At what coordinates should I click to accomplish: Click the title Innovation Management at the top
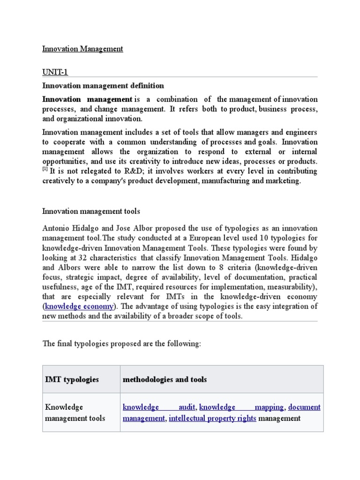coord(82,49)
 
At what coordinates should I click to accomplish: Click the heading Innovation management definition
coord(103,86)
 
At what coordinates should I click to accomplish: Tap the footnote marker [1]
coord(45,169)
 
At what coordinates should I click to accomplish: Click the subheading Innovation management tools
coord(91,212)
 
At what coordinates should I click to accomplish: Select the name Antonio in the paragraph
coord(58,228)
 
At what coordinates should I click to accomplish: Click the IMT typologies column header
coord(72,379)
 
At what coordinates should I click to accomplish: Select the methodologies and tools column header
coord(165,379)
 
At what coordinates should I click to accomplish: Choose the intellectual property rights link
coord(212,418)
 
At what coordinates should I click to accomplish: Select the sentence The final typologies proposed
coord(121,344)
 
